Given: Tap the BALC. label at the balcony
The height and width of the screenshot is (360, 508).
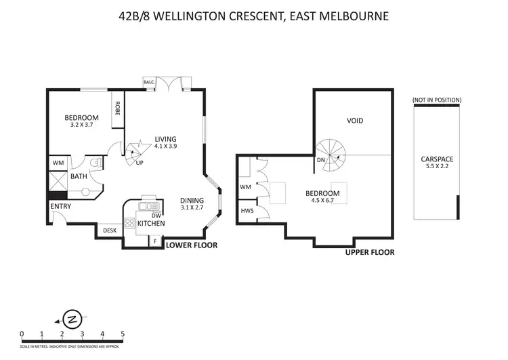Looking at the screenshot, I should click(149, 83).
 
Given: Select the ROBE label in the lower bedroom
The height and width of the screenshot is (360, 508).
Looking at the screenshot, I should click(118, 109).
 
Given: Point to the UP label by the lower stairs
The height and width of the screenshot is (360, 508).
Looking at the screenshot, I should click(140, 163).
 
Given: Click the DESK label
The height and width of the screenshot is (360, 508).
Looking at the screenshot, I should click(109, 231).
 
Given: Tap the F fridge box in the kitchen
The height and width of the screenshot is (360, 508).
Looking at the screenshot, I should click(155, 240).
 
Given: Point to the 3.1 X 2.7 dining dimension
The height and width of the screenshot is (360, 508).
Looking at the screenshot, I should click(194, 209).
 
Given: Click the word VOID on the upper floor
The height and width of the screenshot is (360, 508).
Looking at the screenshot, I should click(355, 121).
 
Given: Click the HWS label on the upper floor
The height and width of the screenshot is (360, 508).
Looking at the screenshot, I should click(247, 211).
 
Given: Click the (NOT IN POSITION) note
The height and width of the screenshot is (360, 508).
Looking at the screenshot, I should click(437, 100).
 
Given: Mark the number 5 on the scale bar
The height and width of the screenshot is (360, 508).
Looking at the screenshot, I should click(123, 333).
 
